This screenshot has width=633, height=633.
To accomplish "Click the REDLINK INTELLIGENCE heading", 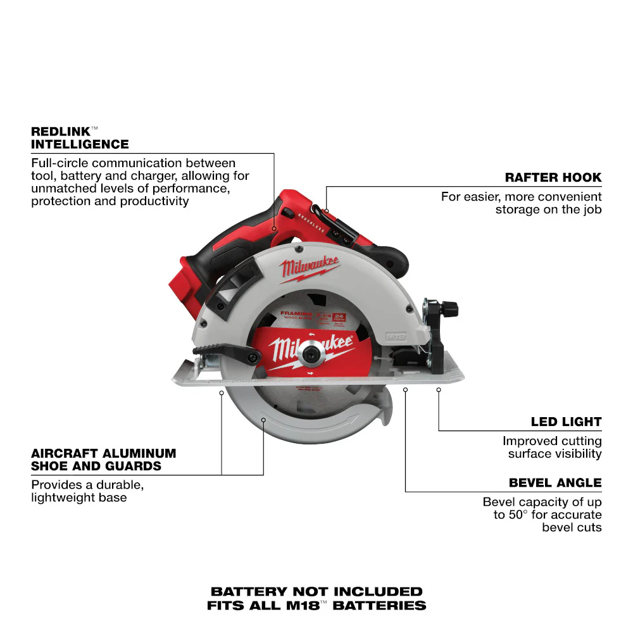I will point(80,137).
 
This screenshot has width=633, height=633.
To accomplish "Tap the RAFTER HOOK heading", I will point(553,177).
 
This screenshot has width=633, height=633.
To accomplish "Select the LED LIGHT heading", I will point(566,422).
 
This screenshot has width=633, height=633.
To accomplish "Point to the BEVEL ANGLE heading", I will point(555,482).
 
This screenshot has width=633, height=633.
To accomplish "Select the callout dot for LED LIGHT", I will point(438,391).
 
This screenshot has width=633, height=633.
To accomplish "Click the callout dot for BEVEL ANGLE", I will point(405,391).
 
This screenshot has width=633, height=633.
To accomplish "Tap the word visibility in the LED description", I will point(575,453).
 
